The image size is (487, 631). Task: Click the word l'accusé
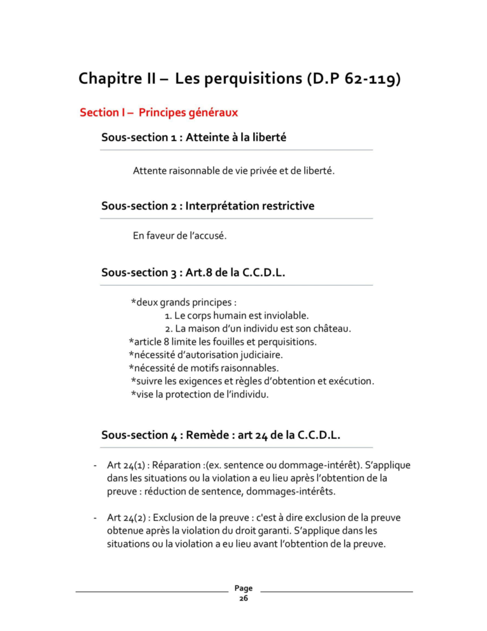tap(208, 236)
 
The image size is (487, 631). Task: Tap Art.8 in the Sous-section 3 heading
tap(199, 272)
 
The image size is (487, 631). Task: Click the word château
tap(332, 329)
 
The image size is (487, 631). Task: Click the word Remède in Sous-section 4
tap(207, 435)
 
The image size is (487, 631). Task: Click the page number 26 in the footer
tap(243, 598)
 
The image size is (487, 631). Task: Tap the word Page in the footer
tap(243, 588)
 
